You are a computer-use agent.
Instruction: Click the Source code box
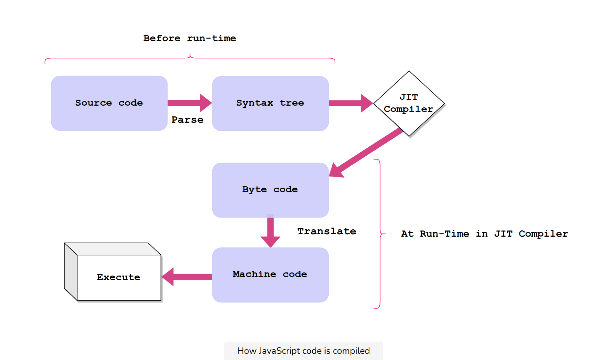tap(109, 103)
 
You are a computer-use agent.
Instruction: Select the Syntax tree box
tap(270, 103)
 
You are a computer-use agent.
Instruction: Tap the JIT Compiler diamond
tap(409, 103)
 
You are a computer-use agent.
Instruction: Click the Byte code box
tap(270, 190)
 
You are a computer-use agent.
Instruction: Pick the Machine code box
tap(270, 275)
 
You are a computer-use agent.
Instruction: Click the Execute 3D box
tap(118, 277)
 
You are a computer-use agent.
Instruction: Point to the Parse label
tap(187, 120)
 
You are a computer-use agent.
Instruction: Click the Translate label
tap(327, 231)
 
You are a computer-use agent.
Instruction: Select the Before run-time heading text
tap(190, 38)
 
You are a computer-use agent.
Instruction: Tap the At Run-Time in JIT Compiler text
tap(484, 234)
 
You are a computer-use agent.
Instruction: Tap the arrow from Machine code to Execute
tap(188, 277)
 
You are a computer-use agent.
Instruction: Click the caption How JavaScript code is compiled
tap(303, 351)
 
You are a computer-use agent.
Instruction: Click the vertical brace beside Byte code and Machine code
tap(380, 234)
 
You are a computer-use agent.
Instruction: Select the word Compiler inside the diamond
tap(409, 109)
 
